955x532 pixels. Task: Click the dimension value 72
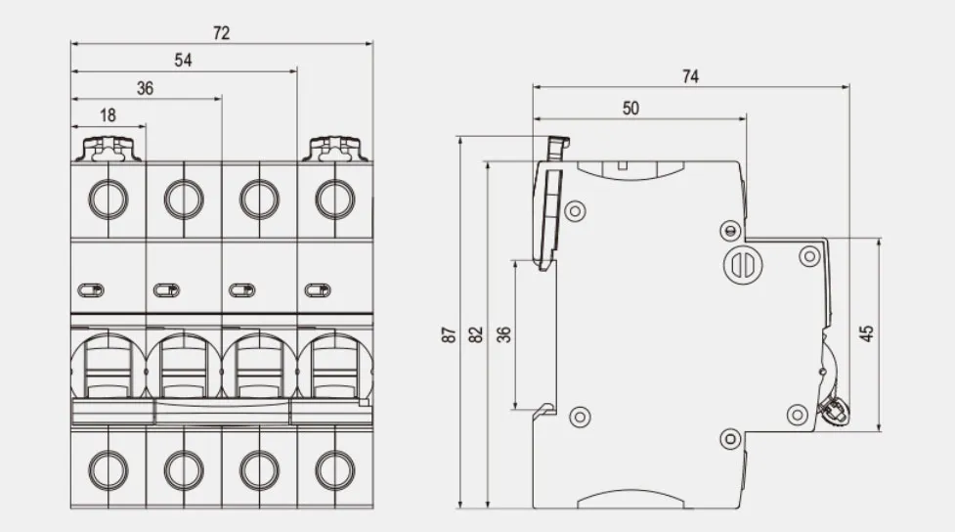point(222,33)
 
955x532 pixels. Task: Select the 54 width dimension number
point(184,61)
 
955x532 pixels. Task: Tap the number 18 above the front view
point(108,115)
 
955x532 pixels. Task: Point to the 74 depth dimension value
point(691,77)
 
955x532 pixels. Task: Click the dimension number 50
point(631,109)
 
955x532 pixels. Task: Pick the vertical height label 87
point(449,334)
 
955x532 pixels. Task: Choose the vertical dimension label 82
point(476,334)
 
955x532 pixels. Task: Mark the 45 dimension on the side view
point(866,333)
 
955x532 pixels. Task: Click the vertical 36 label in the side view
point(504,334)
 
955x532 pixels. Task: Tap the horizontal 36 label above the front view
point(145,88)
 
